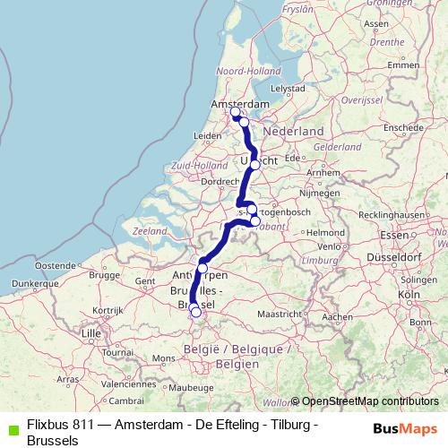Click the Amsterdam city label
pos(240,105)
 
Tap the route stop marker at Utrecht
pos(255,165)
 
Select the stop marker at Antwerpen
pos(202,268)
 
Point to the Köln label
pos(409,294)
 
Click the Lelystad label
pos(290,90)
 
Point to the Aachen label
pos(337,316)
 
